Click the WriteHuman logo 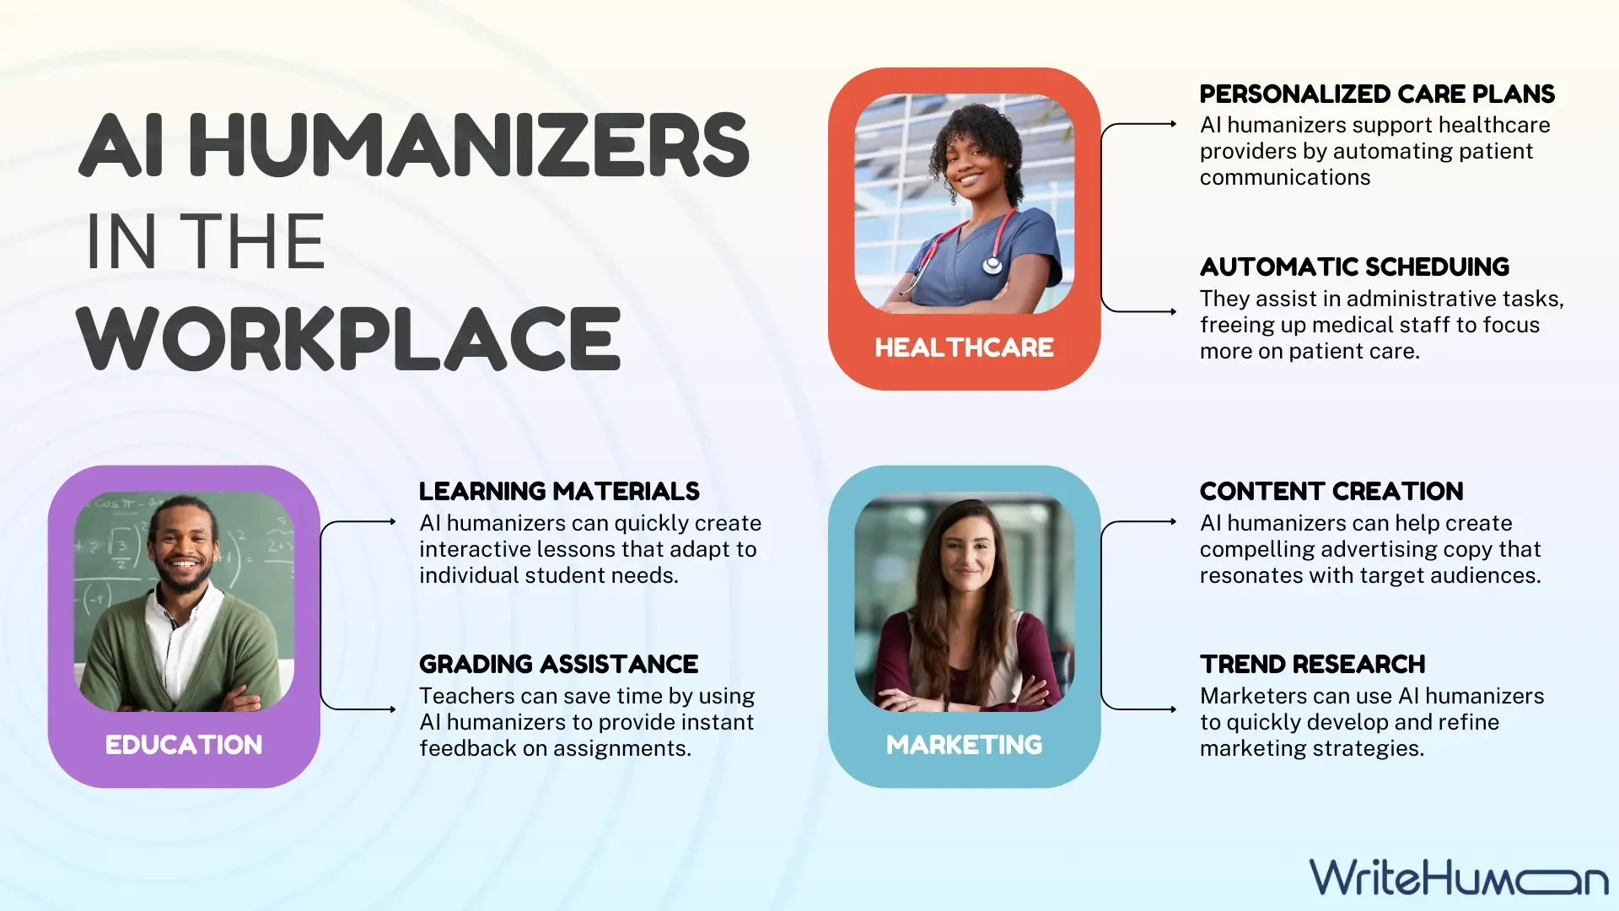[1459, 877]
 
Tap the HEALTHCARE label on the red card [964, 348]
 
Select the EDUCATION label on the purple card [184, 745]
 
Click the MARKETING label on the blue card [964, 745]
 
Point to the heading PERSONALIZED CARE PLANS [1377, 94]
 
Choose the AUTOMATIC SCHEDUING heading [1354, 267]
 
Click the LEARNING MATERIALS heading [559, 492]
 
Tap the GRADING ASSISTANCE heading [558, 665]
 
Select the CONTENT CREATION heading [1331, 492]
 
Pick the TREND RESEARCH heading [1312, 665]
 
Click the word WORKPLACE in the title [349, 339]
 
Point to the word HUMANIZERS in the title [469, 145]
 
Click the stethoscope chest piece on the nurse [992, 266]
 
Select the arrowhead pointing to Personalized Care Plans [1173, 124]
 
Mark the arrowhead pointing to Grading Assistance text [392, 709]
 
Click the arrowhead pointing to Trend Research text [1173, 709]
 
